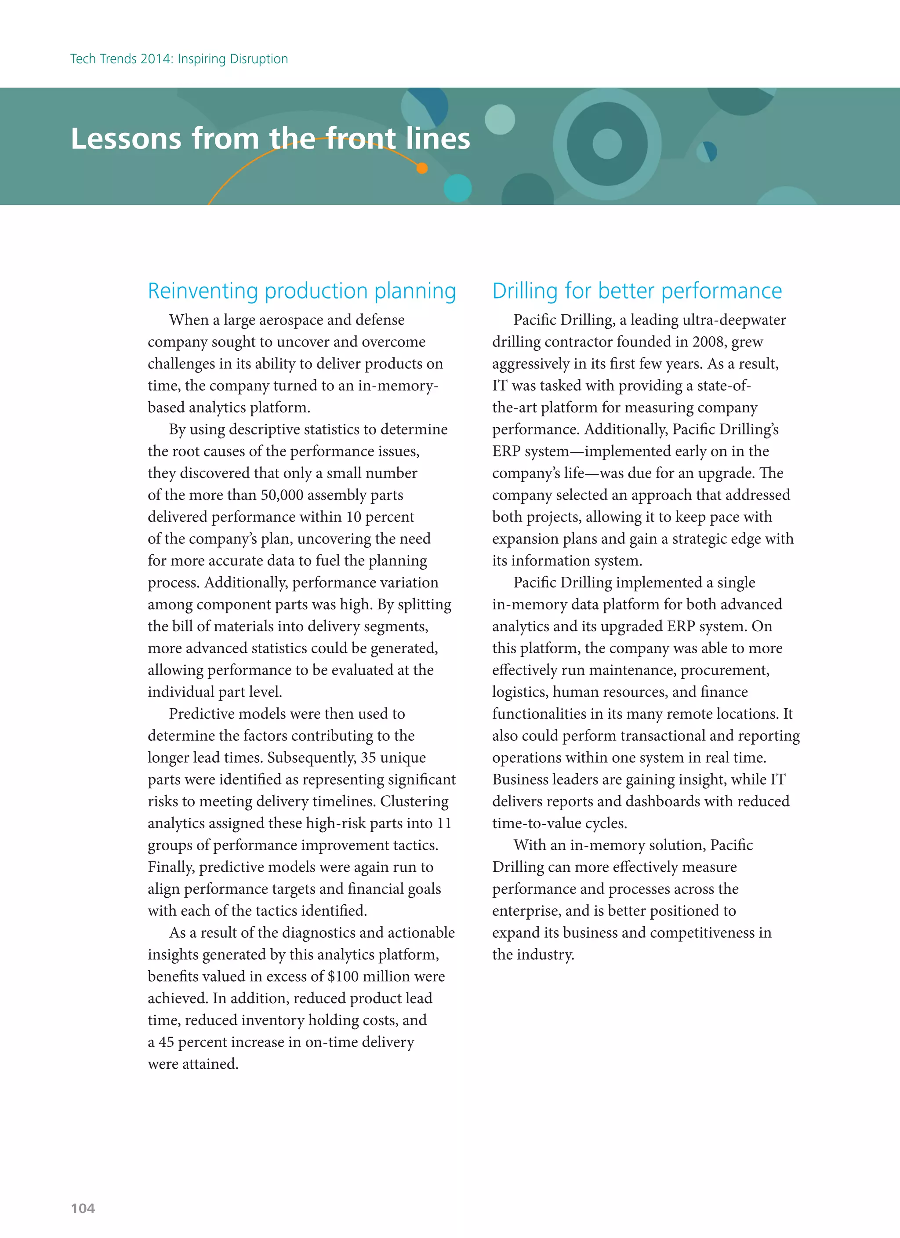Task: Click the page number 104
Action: coord(83,1208)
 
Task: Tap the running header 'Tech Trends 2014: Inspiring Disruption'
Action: coord(179,59)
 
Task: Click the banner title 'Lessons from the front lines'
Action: coord(270,138)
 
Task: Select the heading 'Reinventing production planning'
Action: coord(302,291)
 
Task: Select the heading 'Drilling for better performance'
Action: coord(637,291)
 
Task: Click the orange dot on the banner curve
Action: coord(422,168)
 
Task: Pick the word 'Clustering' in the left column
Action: coord(414,801)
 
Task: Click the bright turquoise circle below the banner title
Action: coord(457,188)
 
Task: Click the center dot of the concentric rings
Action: coord(607,144)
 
